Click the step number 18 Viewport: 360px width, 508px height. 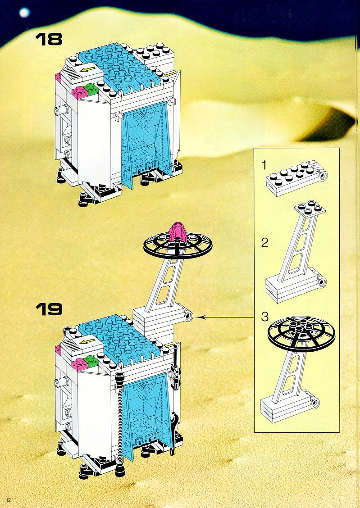49,39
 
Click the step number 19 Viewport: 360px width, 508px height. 49,309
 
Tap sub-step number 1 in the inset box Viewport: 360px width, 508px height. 264,165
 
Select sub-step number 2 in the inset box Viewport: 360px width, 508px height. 265,242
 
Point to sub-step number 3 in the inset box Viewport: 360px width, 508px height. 265,317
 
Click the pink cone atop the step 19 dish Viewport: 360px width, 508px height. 177,231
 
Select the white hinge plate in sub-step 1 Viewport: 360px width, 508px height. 296,177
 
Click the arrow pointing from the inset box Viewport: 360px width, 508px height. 226,317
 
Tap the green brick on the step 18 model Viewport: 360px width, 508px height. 92,89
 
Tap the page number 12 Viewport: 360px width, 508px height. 9,500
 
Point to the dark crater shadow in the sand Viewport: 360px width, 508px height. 327,125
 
